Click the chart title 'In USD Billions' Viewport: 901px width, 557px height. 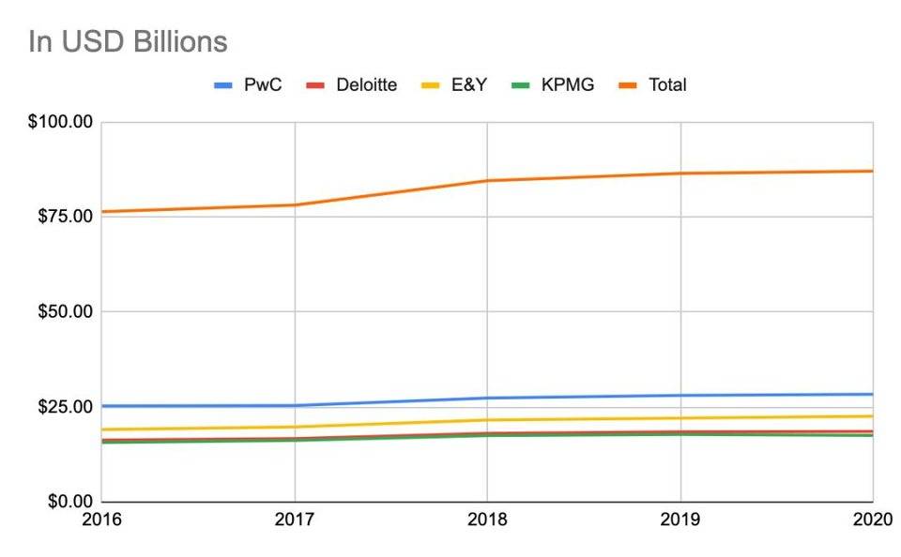129,42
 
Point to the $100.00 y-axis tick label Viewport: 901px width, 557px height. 61,122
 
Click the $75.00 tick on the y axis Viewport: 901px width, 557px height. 65,217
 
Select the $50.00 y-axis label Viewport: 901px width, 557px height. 65,311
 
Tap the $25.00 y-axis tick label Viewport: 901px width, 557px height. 65,407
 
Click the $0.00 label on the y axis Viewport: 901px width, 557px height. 69,502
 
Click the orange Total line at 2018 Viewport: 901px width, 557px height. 487,181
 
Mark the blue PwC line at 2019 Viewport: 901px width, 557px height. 680,396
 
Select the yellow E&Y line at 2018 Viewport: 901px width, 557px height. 487,420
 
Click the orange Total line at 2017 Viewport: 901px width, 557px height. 295,205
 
